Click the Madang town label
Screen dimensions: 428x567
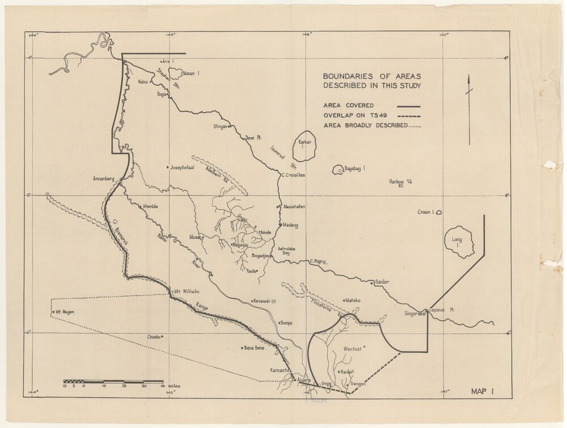point(290,224)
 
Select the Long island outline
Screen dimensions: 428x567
point(459,242)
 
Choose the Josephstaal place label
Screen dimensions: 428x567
point(187,167)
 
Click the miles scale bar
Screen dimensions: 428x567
point(113,382)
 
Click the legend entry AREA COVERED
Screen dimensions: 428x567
point(349,105)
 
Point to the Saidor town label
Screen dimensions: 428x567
point(382,282)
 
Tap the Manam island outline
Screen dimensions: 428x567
point(176,73)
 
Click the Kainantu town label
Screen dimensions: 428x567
point(281,370)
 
